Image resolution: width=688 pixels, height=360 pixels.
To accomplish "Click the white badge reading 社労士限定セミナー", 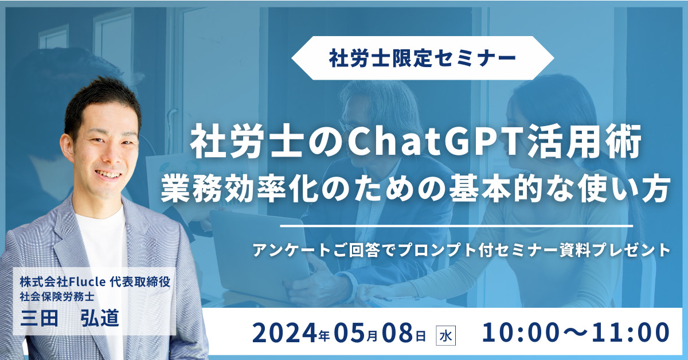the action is coord(423,58).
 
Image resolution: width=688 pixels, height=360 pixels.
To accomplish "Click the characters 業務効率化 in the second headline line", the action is coord(240,188).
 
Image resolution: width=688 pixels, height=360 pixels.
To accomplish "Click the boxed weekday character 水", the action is coord(445,336).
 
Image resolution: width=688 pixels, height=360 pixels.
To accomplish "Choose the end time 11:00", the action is coord(630,332).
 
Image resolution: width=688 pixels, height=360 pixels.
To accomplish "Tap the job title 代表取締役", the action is coord(140,281).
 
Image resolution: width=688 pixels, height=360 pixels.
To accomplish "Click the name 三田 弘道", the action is coord(69,318).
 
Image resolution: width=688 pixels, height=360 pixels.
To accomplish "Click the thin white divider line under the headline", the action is coord(457,226).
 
